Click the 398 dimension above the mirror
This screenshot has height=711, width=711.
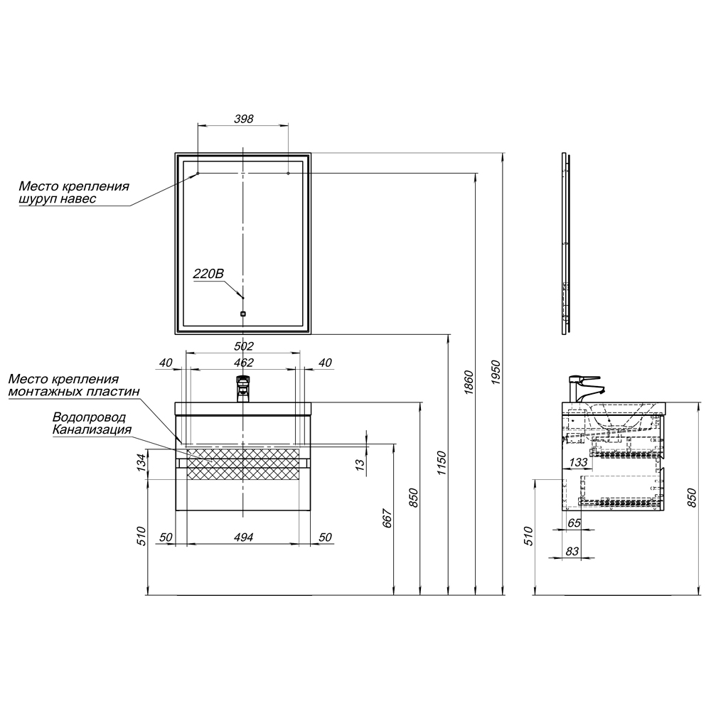(243, 119)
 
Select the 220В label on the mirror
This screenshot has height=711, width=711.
(208, 274)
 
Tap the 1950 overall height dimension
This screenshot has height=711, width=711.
(496, 373)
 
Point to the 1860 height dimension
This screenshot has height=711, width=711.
(469, 383)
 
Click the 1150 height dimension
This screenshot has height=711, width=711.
(442, 463)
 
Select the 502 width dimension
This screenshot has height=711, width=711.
(243, 346)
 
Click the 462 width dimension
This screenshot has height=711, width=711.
(243, 363)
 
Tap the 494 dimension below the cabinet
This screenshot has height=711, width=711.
(243, 538)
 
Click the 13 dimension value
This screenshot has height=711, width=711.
(360, 464)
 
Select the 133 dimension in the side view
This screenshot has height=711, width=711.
(578, 463)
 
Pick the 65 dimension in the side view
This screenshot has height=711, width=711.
(574, 523)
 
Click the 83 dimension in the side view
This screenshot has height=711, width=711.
(572, 551)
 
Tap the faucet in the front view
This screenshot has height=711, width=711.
(243, 389)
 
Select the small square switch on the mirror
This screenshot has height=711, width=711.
(243, 314)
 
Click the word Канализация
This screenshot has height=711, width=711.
(92, 429)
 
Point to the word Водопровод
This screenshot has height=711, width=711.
(90, 417)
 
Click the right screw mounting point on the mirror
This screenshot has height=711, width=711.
(289, 173)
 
